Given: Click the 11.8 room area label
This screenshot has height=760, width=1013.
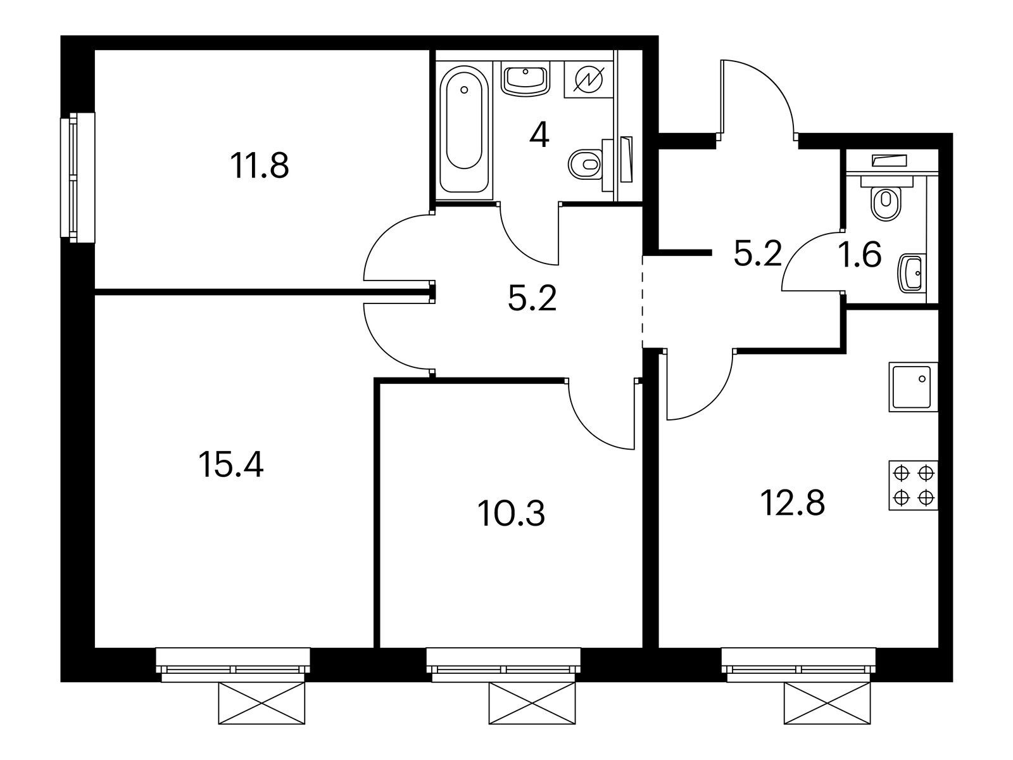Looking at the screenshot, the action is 260,166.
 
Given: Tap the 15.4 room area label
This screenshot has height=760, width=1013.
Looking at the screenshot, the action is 230,465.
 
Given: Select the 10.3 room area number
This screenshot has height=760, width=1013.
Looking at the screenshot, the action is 511,514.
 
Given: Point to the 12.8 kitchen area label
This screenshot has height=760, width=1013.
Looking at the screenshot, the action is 793,503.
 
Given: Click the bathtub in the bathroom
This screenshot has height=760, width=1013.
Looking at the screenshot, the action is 464,129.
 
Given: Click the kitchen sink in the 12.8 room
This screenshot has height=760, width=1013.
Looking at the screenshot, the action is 914,387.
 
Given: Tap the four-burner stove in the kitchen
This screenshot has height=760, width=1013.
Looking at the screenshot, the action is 914,485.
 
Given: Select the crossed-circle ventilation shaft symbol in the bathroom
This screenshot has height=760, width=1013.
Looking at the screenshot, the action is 589,80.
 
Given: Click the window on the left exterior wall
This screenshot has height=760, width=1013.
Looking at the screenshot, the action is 77,177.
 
